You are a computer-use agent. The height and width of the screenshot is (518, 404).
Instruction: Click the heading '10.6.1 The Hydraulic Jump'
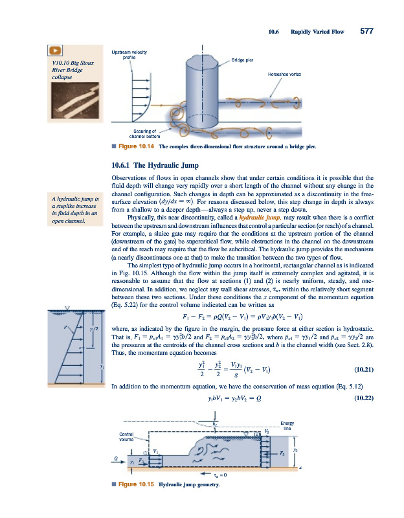pos(153,165)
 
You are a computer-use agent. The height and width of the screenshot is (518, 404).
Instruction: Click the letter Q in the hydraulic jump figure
pos(117,456)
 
